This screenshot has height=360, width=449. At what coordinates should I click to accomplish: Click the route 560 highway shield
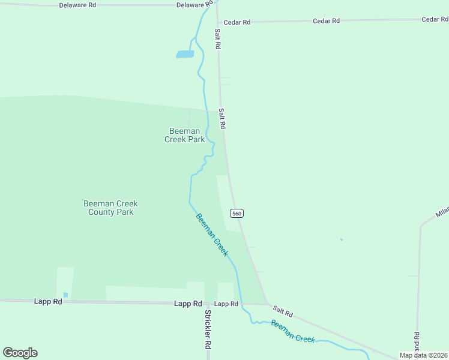(237, 214)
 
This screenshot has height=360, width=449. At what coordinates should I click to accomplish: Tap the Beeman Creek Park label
(185, 135)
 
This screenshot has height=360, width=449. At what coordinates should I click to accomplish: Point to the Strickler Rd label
(208, 330)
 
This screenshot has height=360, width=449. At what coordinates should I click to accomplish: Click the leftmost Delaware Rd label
(77, 5)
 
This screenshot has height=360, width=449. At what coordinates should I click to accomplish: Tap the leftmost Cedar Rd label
(237, 22)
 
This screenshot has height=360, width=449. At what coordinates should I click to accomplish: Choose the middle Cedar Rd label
(326, 21)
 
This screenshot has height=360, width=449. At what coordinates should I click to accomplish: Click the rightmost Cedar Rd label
(435, 19)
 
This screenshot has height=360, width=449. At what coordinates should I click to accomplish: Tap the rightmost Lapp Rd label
(226, 304)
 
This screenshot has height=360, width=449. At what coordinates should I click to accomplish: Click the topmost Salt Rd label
(218, 39)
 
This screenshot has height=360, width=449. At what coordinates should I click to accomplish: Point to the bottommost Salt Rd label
(282, 311)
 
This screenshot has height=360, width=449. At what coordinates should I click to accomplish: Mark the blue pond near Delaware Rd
(185, 54)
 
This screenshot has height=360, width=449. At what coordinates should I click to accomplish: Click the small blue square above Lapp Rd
(65, 295)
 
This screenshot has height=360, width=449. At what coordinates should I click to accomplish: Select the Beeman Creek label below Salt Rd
(293, 331)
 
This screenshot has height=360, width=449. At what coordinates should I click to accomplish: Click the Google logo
(20, 353)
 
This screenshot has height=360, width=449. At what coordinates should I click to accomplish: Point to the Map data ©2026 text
(423, 355)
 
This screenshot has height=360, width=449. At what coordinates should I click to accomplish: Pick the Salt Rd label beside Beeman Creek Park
(222, 118)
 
